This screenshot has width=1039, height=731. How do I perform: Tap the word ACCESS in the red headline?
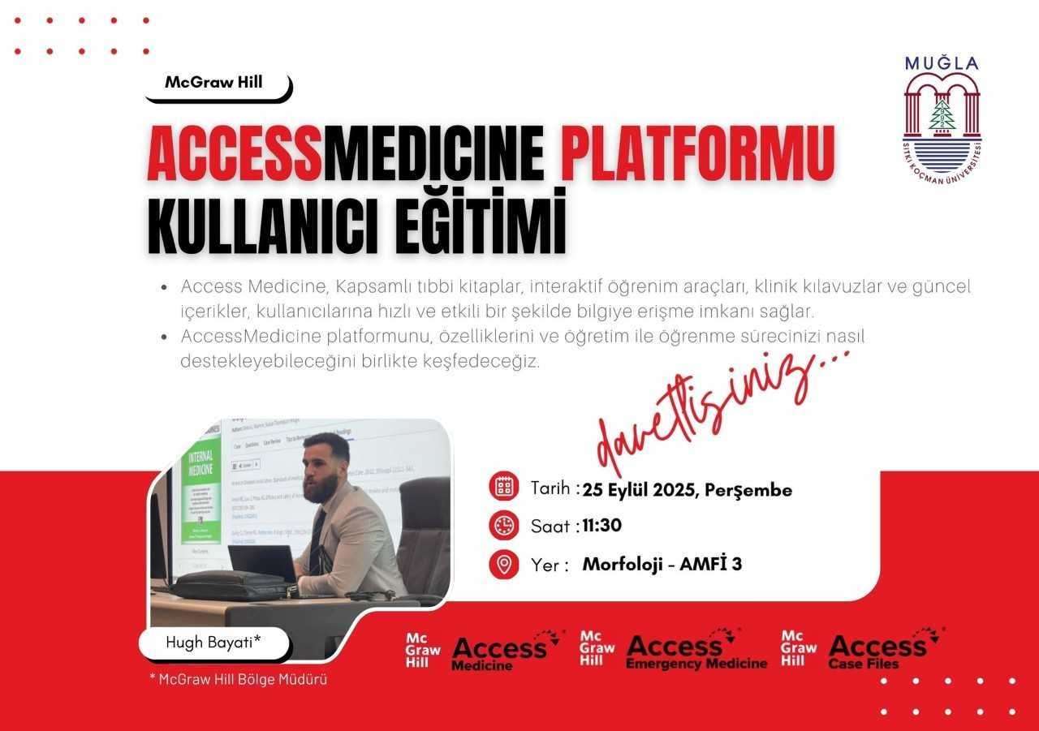235,153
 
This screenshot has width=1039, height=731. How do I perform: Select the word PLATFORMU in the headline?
697,153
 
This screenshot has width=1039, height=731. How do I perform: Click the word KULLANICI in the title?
262,225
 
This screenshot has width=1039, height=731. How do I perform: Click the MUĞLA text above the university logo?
942,63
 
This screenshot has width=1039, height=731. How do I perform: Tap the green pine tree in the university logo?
942,114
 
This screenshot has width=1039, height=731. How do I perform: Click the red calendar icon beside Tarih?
504,486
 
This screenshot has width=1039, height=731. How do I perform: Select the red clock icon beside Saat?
504,525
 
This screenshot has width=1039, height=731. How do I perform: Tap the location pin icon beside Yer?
504,564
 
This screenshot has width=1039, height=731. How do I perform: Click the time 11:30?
602,526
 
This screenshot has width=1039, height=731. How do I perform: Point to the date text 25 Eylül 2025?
640,490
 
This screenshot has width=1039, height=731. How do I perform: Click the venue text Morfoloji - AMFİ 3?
662,564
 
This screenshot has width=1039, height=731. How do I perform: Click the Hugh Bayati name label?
213,643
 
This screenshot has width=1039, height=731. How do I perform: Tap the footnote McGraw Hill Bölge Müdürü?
239,679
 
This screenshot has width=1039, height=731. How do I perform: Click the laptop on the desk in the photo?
263,564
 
